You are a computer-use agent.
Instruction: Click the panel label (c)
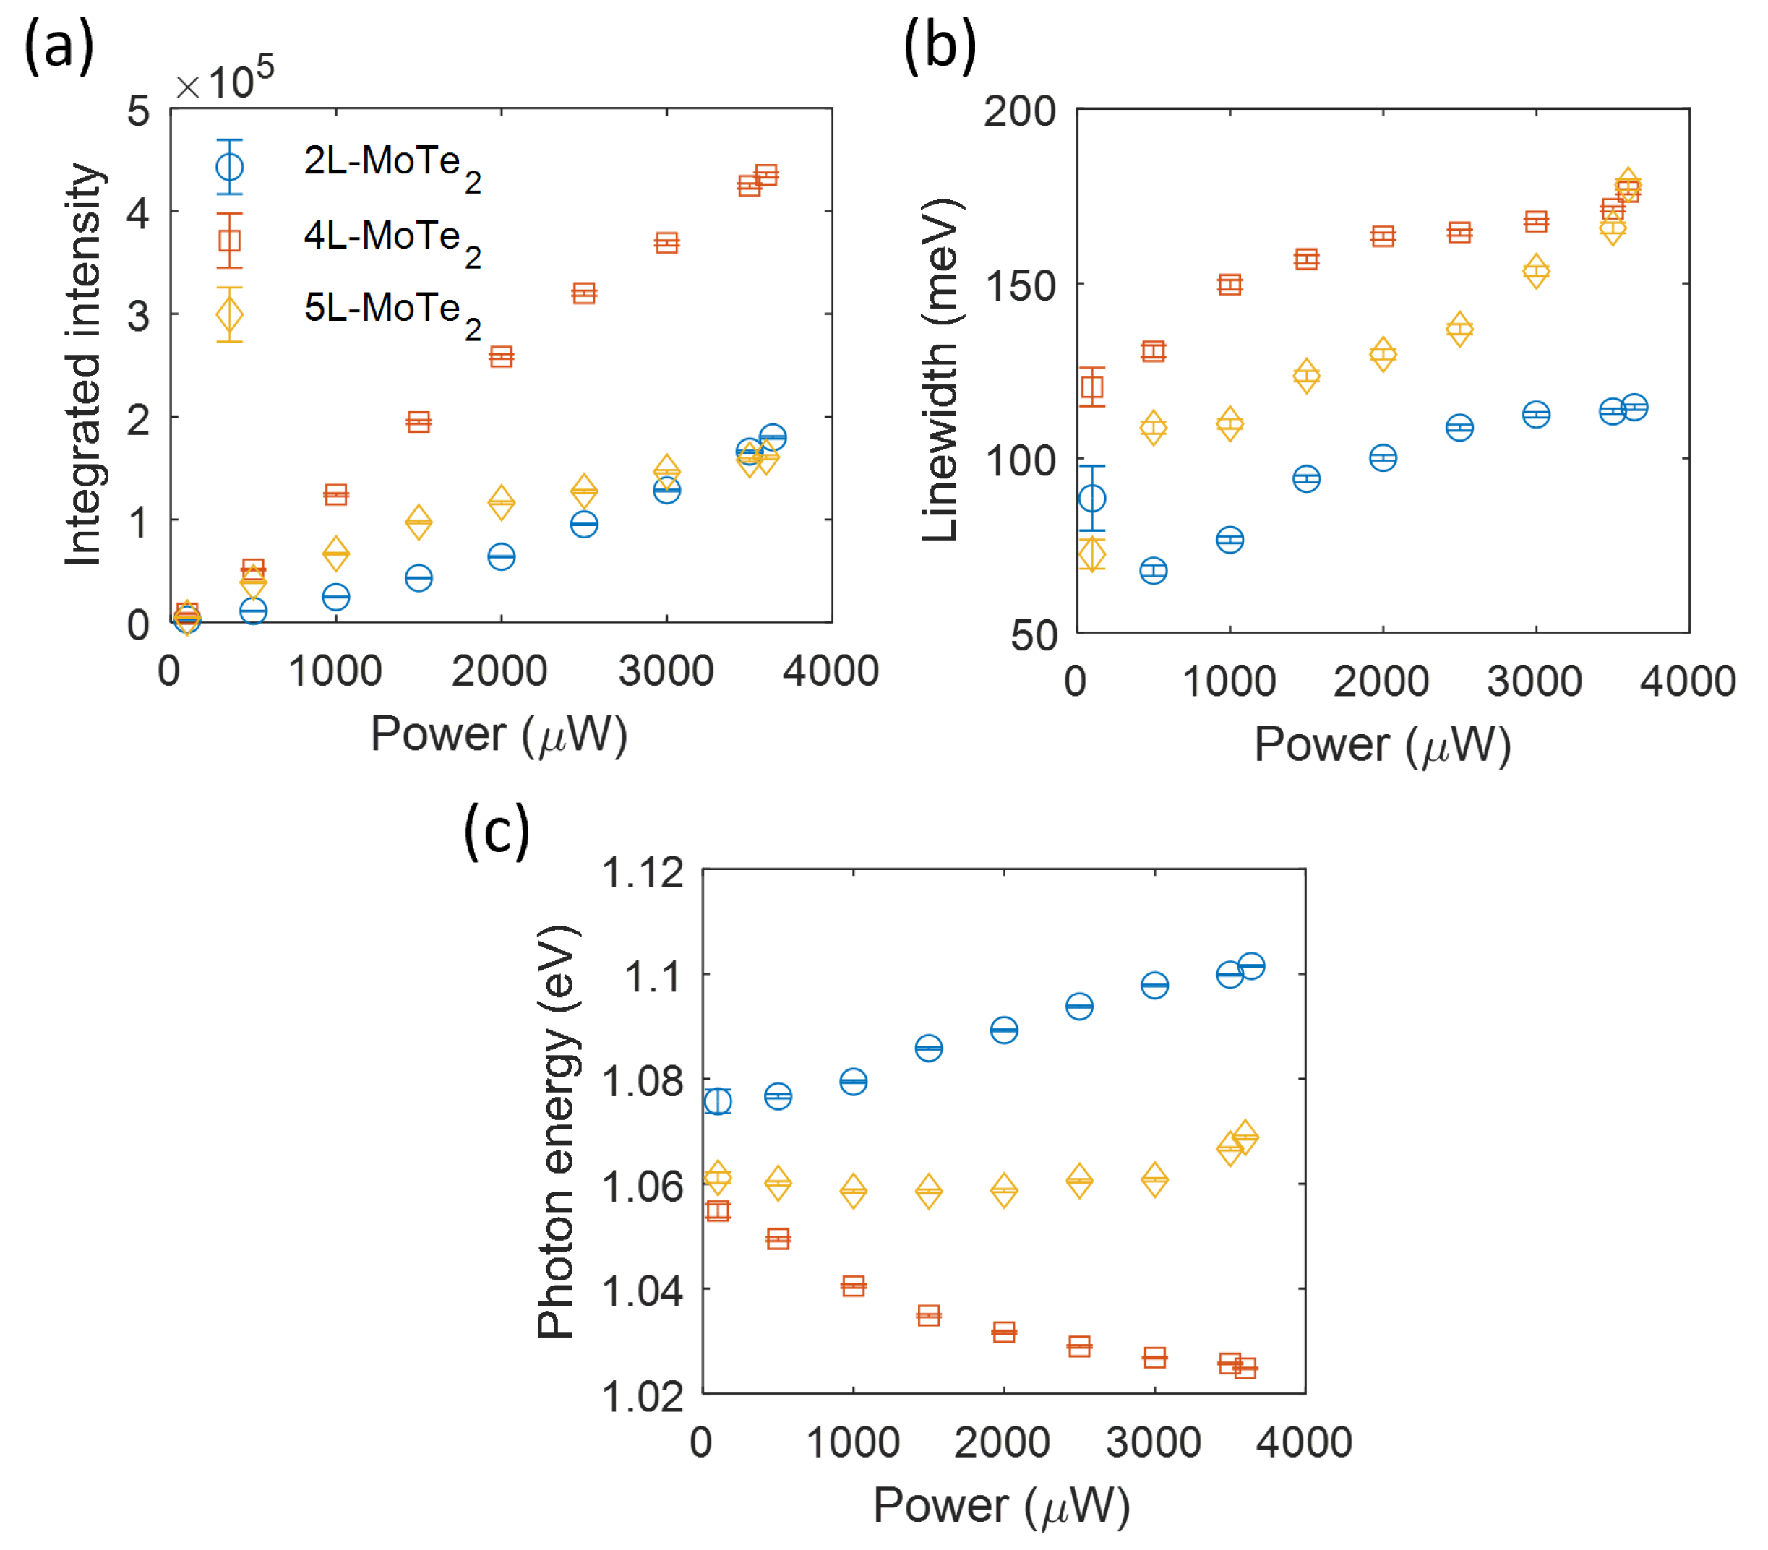497,831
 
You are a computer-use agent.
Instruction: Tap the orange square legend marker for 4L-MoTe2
229,240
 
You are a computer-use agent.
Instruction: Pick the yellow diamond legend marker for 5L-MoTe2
229,314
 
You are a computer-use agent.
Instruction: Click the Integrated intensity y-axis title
84,364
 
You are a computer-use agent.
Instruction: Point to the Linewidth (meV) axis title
940,370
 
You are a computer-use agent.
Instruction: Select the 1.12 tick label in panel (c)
642,873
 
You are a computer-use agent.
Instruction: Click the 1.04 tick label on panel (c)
642,1291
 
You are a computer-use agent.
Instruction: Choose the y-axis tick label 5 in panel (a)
138,111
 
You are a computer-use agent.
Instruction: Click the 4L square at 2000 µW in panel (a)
501,356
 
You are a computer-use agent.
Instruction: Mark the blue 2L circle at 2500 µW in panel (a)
584,524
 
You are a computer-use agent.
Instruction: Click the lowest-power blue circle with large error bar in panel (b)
1092,498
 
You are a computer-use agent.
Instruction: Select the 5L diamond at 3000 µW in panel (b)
1535,272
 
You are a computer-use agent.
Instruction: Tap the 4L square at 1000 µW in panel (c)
853,1286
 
